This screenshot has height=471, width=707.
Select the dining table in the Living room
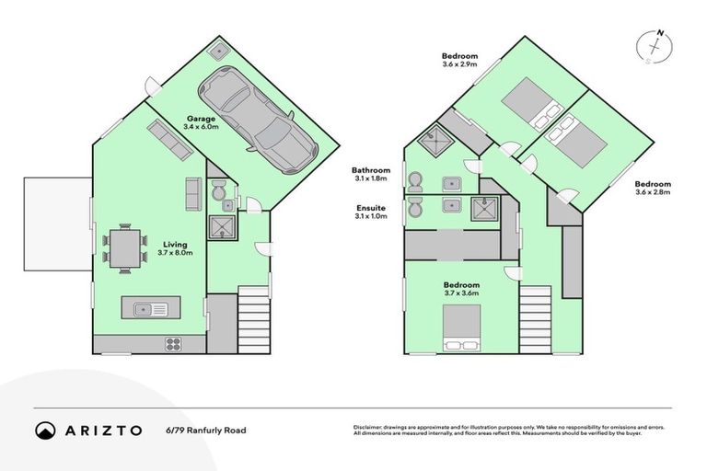pyautogui.click(x=125, y=247)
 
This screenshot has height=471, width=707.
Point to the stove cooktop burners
pyautogui.click(x=172, y=345)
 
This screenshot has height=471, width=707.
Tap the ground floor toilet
pyautogui.click(x=217, y=194)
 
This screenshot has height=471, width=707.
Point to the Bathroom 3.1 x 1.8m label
pyautogui.click(x=372, y=175)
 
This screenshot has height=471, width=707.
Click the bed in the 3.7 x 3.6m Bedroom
pyautogui.click(x=461, y=328)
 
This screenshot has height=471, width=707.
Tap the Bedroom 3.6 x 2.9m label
pyautogui.click(x=460, y=61)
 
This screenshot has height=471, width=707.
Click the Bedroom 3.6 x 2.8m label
pyautogui.click(x=653, y=188)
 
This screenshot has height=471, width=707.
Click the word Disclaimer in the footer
pyautogui.click(x=368, y=428)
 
